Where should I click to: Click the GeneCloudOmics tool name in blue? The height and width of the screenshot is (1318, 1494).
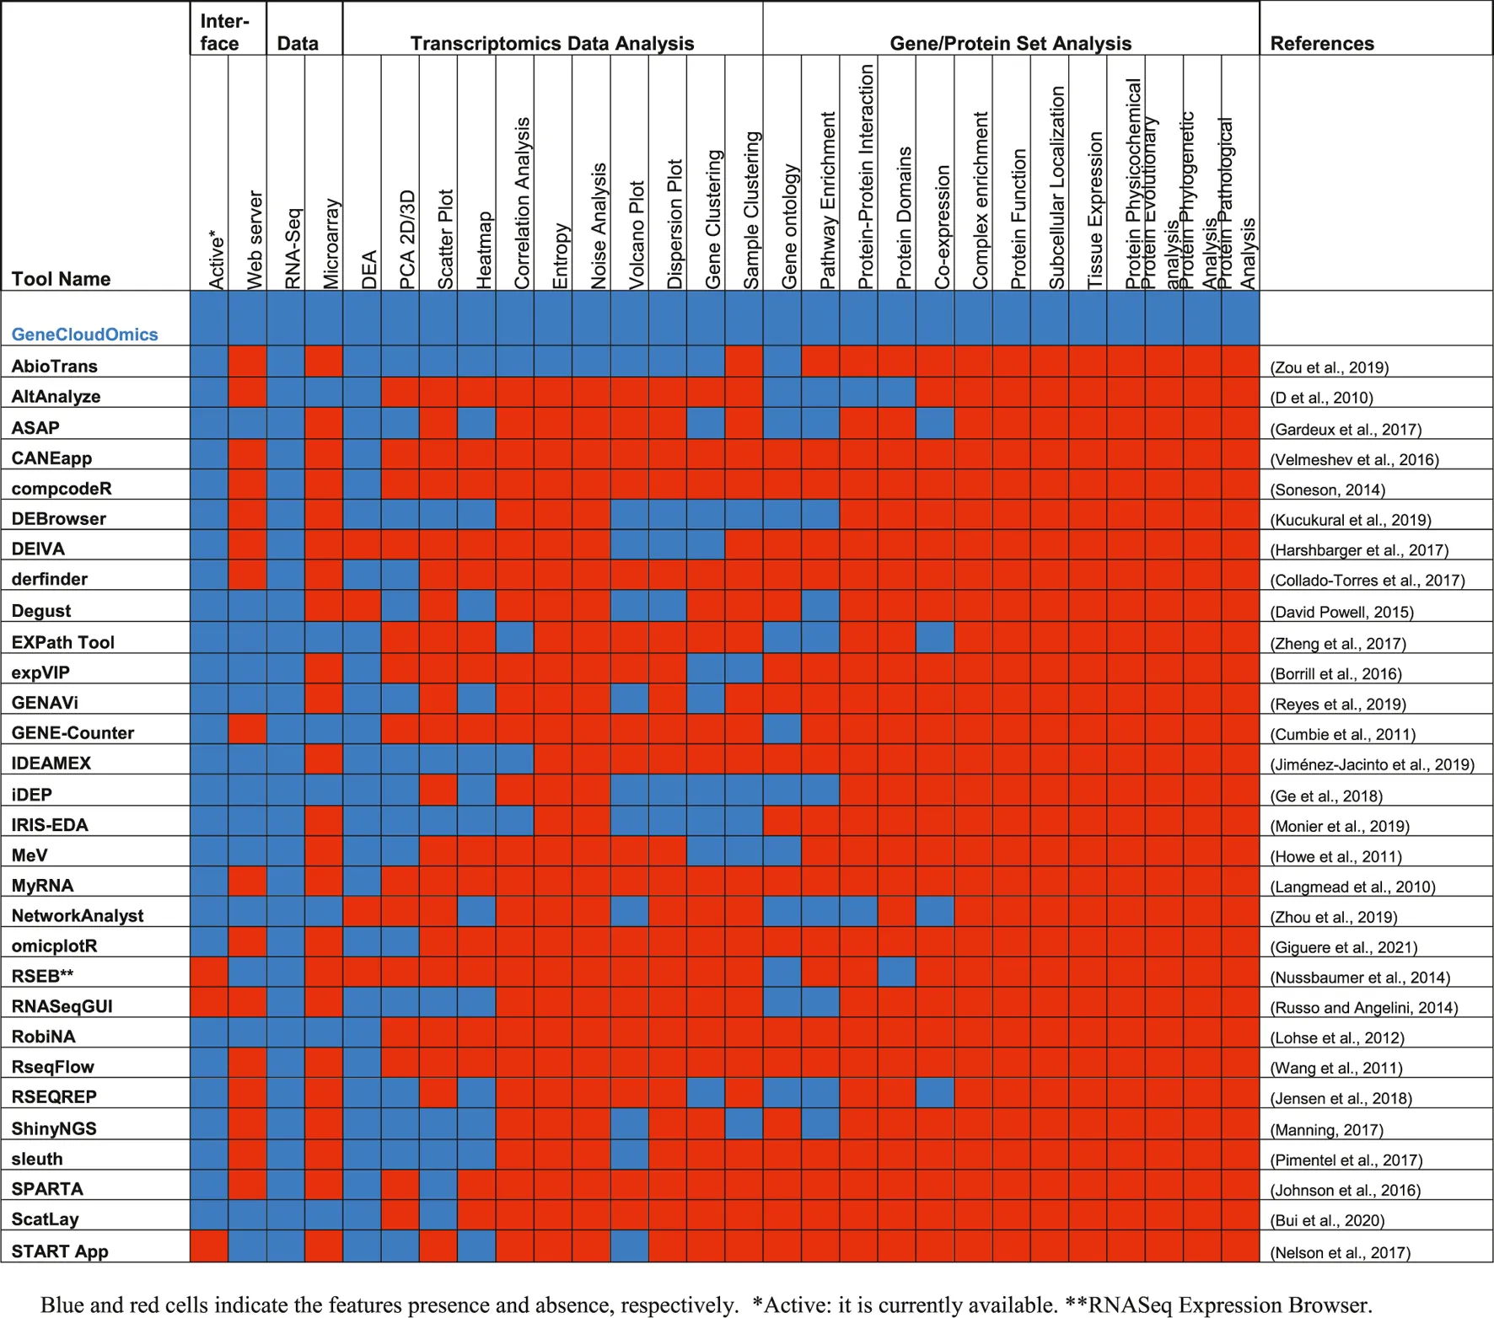click(84, 335)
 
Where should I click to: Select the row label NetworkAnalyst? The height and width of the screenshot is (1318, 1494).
click(78, 916)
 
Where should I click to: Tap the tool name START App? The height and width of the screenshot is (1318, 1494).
click(60, 1251)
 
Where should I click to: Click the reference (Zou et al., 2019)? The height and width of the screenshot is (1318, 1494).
click(1329, 367)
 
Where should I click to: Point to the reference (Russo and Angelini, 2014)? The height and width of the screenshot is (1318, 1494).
click(1363, 1008)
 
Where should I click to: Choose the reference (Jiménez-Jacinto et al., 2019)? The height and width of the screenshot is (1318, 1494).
click(1372, 765)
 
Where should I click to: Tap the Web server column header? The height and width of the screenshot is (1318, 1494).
click(255, 240)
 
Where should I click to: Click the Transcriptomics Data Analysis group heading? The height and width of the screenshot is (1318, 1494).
click(552, 44)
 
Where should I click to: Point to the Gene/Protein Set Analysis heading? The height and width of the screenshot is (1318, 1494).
click(1010, 44)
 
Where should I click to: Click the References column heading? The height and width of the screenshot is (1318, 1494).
click(1321, 44)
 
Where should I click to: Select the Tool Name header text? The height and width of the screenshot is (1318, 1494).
click(61, 279)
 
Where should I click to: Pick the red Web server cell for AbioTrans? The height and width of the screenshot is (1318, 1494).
click(247, 362)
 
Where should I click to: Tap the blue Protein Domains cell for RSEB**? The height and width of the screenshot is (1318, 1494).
click(896, 972)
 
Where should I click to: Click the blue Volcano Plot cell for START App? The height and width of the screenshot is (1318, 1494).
click(629, 1246)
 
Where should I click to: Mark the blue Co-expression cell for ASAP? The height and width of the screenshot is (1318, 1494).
click(934, 423)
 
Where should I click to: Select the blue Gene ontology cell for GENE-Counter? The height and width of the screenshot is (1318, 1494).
click(782, 729)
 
